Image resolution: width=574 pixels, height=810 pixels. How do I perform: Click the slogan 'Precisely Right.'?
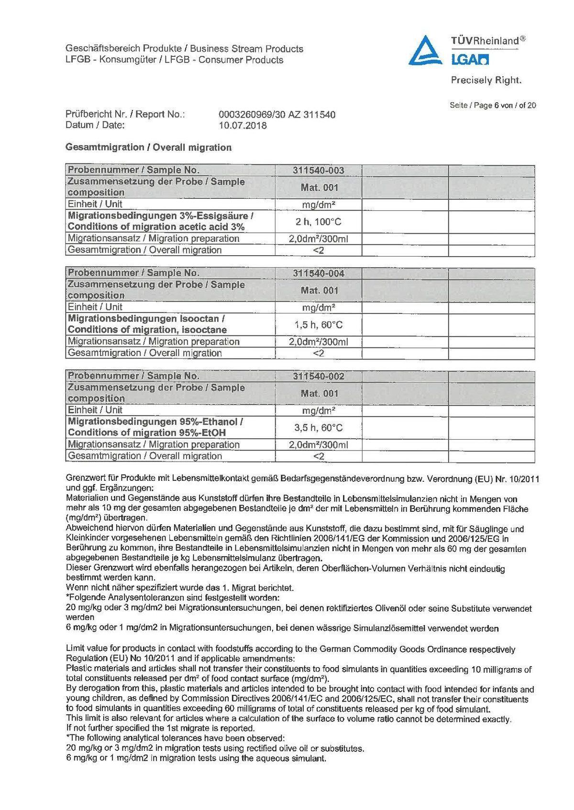[486, 80]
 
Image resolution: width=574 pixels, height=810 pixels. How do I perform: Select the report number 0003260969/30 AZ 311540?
[276, 115]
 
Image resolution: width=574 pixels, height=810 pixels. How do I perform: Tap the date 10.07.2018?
[243, 126]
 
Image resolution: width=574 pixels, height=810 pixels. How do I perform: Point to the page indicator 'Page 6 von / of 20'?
[492, 105]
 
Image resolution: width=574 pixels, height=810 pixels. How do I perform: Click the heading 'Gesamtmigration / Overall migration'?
[148, 147]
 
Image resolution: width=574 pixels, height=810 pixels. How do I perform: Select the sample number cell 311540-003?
[318, 170]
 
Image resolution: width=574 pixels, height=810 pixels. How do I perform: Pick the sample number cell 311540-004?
[318, 273]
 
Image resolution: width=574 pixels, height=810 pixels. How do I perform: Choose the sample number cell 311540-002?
[318, 376]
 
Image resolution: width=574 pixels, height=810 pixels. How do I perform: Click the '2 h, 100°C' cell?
[318, 222]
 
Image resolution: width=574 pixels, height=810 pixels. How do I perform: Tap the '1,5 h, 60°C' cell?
[318, 325]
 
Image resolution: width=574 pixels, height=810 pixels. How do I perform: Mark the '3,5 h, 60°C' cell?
[318, 428]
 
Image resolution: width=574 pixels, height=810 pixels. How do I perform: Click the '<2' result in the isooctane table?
[318, 353]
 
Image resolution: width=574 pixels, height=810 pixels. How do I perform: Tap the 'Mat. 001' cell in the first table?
[319, 187]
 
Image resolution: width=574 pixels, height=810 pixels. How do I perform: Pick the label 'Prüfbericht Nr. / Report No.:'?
[125, 115]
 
